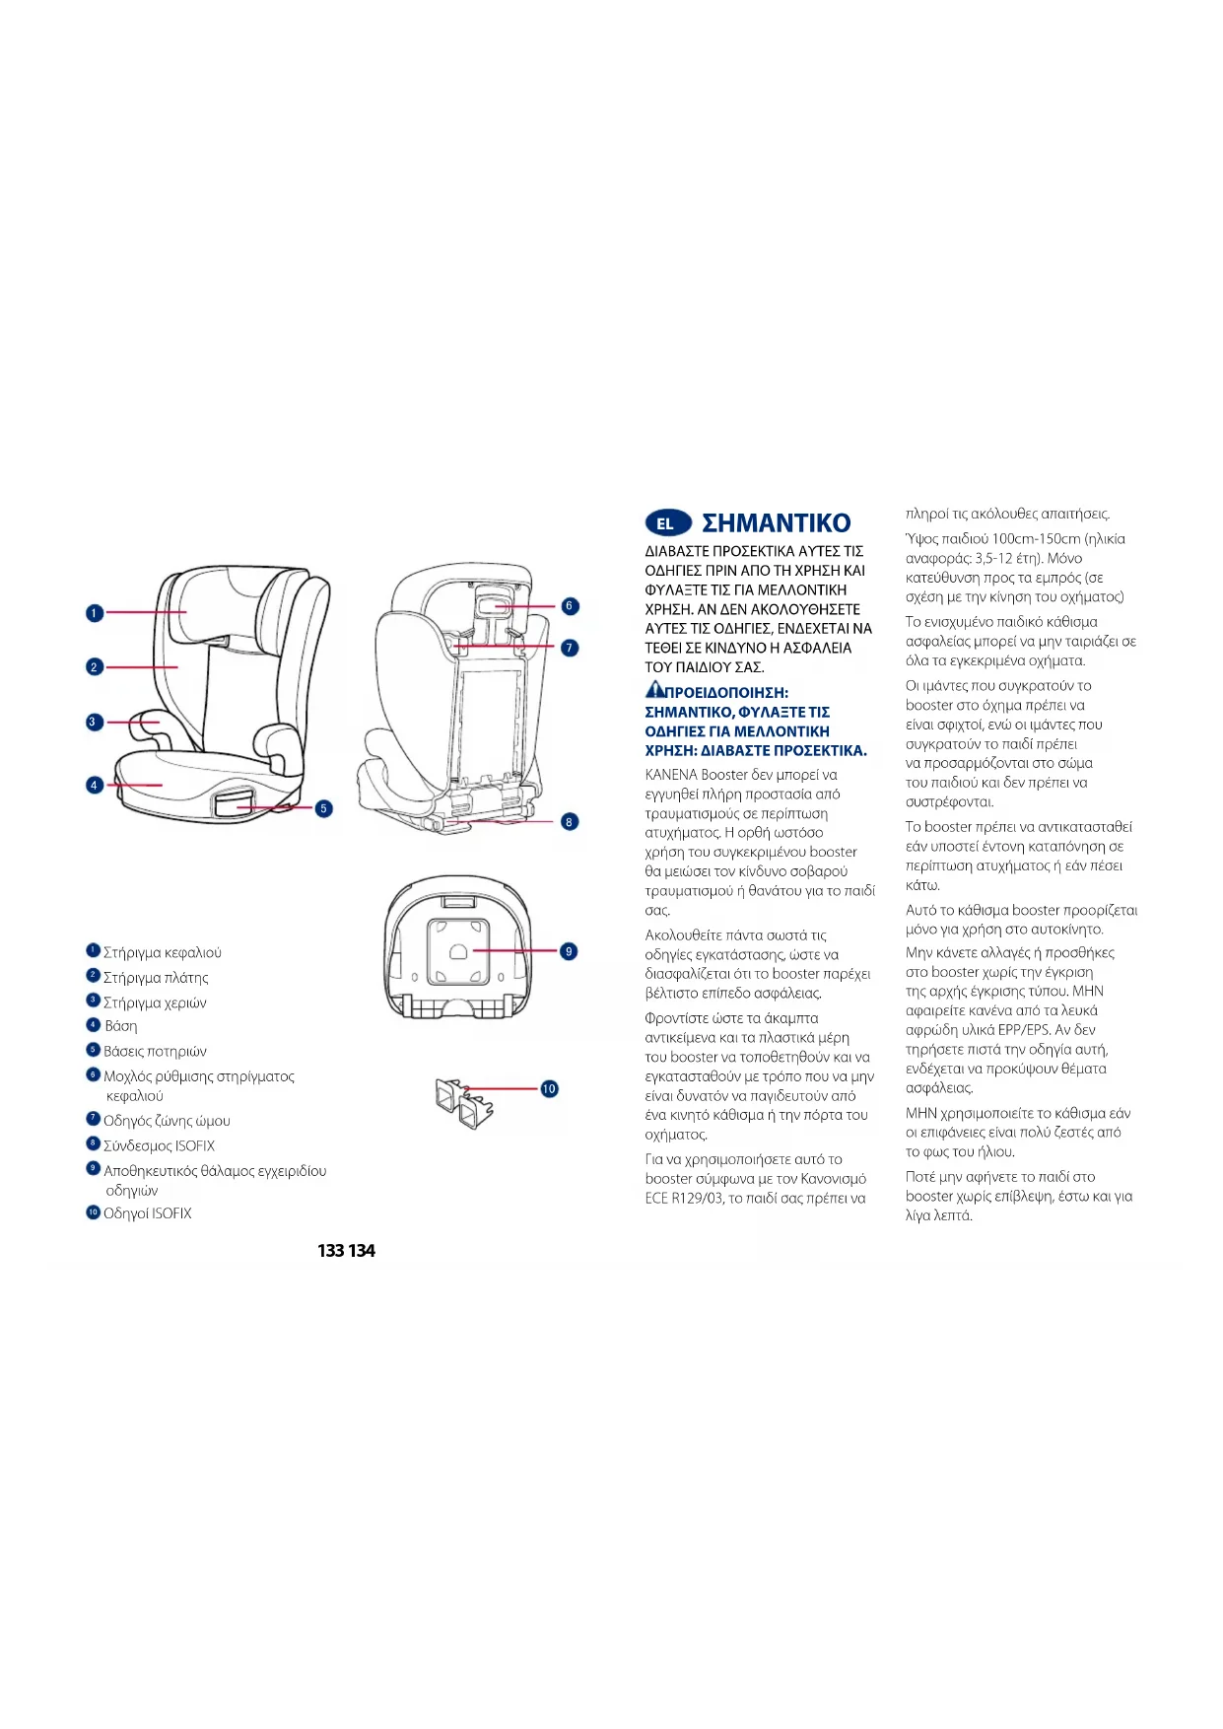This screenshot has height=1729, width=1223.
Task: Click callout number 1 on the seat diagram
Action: (94, 613)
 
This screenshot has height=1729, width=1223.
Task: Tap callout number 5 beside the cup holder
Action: (323, 808)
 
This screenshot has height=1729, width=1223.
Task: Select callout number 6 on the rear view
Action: (570, 606)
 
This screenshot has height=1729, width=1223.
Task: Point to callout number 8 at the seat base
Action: (570, 821)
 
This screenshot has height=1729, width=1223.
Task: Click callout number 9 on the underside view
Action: (569, 951)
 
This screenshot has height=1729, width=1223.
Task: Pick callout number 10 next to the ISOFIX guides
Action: (549, 1088)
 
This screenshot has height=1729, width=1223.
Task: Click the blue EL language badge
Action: (667, 523)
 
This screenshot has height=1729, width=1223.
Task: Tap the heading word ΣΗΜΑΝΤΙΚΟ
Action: (776, 523)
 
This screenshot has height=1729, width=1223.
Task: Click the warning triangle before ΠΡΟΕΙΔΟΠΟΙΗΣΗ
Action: (654, 690)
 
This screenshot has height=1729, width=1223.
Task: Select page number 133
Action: (331, 1251)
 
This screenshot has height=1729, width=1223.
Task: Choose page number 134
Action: (362, 1251)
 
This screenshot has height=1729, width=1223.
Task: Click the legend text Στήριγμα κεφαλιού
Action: (163, 953)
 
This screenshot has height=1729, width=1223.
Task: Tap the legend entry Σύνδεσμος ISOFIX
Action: (159, 1145)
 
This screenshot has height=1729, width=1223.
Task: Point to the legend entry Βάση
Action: (121, 1026)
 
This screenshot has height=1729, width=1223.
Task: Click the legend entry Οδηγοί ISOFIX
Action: (148, 1213)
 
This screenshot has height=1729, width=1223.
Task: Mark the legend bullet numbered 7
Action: (94, 1119)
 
